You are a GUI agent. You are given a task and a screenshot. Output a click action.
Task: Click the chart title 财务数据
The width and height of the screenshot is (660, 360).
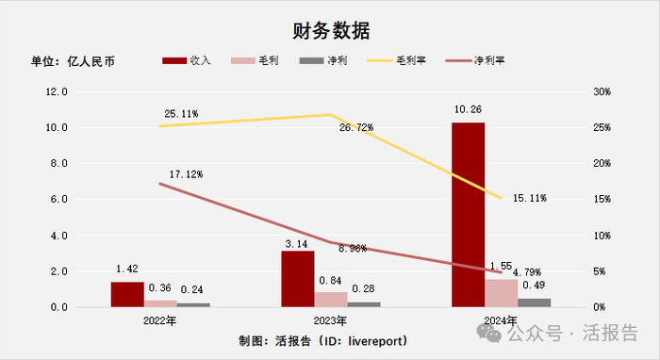(330, 29)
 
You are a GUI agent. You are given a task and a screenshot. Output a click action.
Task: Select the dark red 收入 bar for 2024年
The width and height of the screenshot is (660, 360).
(469, 215)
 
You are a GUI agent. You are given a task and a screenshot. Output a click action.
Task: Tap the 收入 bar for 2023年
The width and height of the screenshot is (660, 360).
(298, 279)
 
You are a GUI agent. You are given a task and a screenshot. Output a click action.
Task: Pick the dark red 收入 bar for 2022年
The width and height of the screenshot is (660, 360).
(127, 294)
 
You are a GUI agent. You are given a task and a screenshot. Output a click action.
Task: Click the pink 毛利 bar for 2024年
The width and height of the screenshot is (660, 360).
(501, 293)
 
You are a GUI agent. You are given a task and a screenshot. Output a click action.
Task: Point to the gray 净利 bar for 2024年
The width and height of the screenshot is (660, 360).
(534, 303)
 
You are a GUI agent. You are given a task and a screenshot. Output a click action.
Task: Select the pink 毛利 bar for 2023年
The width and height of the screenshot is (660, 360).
(330, 300)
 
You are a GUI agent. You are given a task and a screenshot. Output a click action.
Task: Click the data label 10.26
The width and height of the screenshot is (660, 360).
(469, 110)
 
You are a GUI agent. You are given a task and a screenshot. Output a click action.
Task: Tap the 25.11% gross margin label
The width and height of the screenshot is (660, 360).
(178, 114)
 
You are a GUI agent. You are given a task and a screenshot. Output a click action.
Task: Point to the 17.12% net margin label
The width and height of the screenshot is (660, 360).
(184, 174)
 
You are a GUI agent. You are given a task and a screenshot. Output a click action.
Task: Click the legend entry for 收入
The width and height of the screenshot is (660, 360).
(188, 60)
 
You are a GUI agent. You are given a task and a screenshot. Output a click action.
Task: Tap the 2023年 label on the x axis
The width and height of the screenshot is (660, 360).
(330, 321)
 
